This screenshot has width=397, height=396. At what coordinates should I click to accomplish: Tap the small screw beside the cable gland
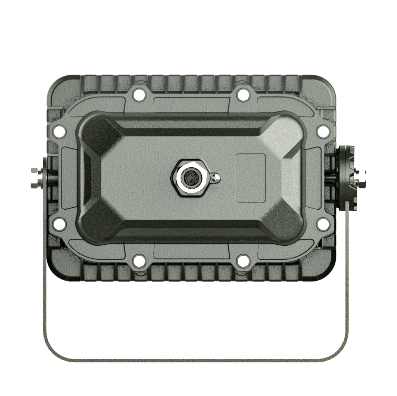(x=216, y=178)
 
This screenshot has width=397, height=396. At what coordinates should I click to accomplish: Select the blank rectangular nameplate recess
(x=251, y=178)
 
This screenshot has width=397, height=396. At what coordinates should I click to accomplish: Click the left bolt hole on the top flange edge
(x=139, y=95)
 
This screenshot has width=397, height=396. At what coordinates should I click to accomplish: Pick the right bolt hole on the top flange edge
(x=242, y=95)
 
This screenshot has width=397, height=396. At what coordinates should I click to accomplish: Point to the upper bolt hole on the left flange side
(x=60, y=132)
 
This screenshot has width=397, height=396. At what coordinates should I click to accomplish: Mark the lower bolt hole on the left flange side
(x=60, y=224)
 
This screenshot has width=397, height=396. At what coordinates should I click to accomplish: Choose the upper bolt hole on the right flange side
(x=323, y=132)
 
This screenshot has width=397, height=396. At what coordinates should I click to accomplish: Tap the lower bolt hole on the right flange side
(x=323, y=224)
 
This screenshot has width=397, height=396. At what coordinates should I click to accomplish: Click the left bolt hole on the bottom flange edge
(x=139, y=261)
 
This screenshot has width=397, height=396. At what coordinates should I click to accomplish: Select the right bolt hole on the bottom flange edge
(x=242, y=261)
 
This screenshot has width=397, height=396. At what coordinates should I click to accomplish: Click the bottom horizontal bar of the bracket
(x=191, y=360)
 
